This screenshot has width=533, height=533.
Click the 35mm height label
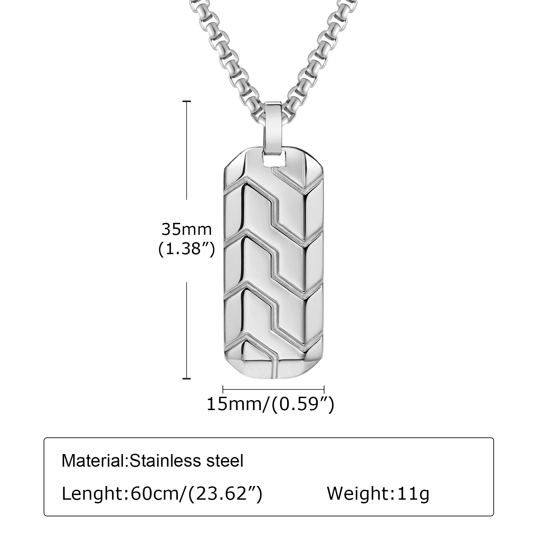coord(187,230)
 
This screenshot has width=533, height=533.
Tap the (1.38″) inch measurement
coord(186,249)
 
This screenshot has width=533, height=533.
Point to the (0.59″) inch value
coord(303,404)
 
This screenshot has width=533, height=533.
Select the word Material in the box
coord(93,461)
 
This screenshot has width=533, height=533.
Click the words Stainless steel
coord(186,461)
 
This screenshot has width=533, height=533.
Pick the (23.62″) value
coord(225,494)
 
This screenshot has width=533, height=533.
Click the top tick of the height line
coord(186,101)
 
